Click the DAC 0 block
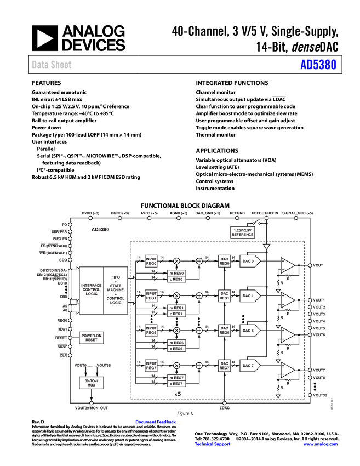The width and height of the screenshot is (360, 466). (249, 262)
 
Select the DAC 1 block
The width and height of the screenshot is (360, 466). (249, 296)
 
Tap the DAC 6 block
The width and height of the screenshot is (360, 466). (249, 331)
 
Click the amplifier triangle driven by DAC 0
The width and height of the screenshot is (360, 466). (287, 265)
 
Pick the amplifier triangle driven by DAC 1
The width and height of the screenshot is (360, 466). (287, 300)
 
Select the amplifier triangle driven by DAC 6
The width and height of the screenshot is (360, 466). (287, 334)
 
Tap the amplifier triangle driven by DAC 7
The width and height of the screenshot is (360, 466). (287, 370)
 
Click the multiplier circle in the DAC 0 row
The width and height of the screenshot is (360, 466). (176, 262)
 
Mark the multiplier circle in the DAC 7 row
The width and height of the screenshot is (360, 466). (176, 366)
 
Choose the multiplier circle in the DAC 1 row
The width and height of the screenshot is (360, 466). (176, 296)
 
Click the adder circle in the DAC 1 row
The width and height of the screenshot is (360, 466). (199, 296)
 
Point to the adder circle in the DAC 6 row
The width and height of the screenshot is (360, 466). (199, 331)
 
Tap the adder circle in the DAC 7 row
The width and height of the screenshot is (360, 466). (199, 366)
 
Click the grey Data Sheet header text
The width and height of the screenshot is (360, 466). (52, 65)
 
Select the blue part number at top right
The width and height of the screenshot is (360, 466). (318, 65)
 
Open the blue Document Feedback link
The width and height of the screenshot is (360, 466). (156, 422)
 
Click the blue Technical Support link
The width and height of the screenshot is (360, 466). (213, 444)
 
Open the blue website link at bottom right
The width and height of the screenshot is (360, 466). (320, 444)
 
